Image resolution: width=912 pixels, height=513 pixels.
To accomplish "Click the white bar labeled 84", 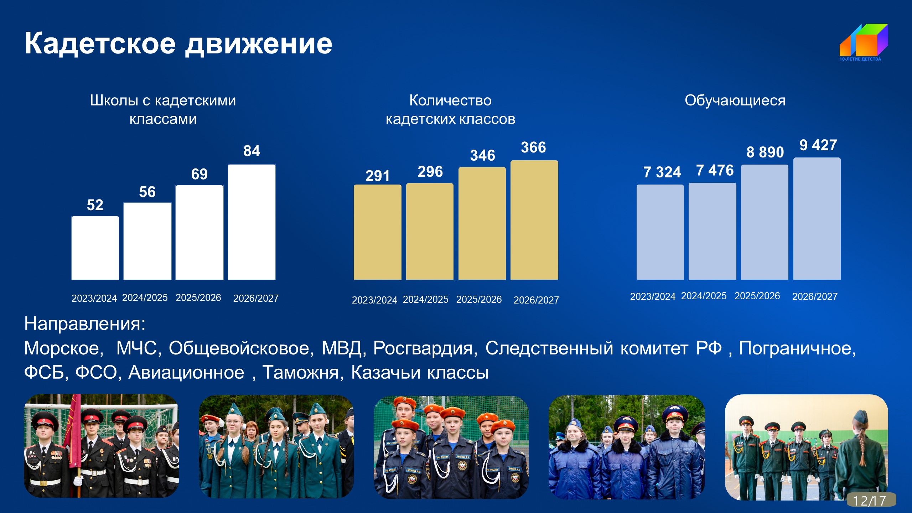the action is pyautogui.click(x=252, y=222).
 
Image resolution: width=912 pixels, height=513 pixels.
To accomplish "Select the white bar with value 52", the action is pyautogui.click(x=95, y=248).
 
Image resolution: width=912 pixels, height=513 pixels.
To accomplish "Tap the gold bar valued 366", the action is pyautogui.click(x=534, y=220).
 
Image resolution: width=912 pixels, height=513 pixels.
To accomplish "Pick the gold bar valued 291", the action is pyautogui.click(x=377, y=232).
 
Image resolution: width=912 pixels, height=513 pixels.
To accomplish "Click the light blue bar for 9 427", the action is pyautogui.click(x=817, y=218).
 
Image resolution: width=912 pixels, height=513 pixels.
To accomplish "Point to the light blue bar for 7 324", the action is pyautogui.click(x=660, y=232).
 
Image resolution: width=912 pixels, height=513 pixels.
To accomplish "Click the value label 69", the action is pyautogui.click(x=199, y=174).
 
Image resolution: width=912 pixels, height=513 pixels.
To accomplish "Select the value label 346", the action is pyautogui.click(x=483, y=155).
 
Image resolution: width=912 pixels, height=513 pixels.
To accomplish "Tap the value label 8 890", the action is pyautogui.click(x=765, y=152).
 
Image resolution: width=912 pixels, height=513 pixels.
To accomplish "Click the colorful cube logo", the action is pyautogui.click(x=864, y=40).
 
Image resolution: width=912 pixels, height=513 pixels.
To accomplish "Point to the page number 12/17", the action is pyautogui.click(x=870, y=501).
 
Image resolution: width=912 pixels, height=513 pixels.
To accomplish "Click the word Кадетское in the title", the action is pyautogui.click(x=100, y=43).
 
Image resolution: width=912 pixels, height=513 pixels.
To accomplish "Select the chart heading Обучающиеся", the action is pyautogui.click(x=735, y=101).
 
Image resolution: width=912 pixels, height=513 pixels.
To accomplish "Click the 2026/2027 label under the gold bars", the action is pyautogui.click(x=536, y=300).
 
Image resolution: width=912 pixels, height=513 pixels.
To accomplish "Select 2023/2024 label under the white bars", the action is pyautogui.click(x=94, y=298).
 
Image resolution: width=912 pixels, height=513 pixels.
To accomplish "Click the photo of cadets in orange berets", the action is pyautogui.click(x=451, y=447).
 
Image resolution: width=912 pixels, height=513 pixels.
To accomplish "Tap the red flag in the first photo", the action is pyautogui.click(x=75, y=431).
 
